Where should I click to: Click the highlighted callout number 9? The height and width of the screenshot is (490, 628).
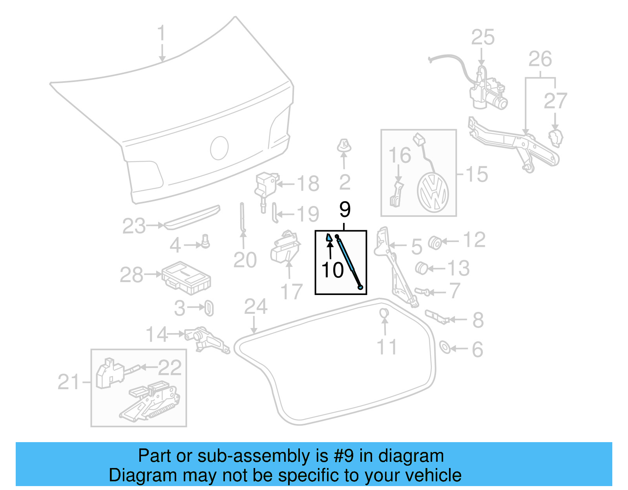pos(345,209)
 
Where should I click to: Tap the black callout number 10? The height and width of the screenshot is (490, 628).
pos(332,270)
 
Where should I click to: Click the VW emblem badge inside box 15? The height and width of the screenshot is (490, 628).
pos(433,193)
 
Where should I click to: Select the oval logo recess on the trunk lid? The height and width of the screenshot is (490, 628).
pos(219,148)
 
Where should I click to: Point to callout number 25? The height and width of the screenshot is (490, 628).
pos(482,38)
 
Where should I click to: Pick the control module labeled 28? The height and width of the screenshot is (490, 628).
pos(186,278)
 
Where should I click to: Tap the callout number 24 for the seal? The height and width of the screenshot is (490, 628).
pos(256,307)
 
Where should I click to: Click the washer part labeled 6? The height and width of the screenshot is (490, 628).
pos(445,347)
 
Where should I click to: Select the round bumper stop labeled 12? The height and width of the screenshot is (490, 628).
pos(434,242)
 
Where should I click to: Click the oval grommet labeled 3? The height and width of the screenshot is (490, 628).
pos(209,308)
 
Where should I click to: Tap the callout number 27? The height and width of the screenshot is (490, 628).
pos(555,101)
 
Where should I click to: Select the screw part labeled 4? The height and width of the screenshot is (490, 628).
pos(205,241)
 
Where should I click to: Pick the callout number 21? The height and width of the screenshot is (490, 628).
pos(69,382)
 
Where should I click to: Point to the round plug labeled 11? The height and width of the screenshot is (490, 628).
pos(384,313)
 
